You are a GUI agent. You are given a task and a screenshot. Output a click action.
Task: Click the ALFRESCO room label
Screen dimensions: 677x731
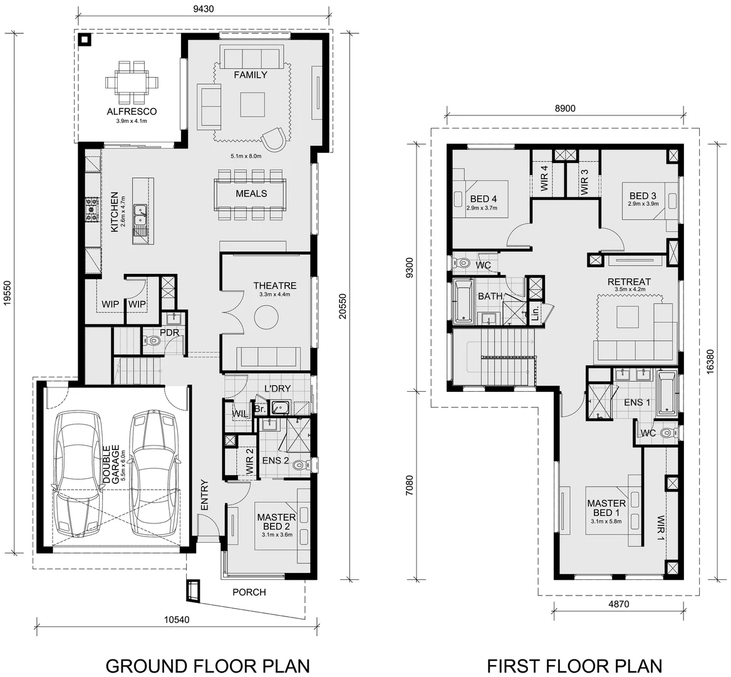point(132,112)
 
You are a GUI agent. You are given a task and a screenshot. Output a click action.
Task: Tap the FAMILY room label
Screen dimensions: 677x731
point(251,75)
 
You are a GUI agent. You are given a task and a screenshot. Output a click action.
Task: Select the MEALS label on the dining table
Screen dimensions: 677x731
point(251,194)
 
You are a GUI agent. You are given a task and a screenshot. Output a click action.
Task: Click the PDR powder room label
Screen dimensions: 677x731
point(170,332)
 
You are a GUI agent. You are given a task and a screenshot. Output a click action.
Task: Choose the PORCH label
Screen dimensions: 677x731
point(249,592)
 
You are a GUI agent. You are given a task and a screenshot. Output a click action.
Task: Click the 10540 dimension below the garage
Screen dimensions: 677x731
point(177,620)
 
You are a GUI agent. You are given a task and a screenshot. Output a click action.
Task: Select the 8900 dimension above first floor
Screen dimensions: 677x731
point(565,108)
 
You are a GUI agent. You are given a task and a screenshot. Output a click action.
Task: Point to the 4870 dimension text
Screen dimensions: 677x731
point(618,604)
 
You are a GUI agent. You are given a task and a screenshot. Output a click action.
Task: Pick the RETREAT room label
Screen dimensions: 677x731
point(629,282)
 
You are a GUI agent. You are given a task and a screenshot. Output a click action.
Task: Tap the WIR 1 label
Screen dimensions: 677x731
point(660,528)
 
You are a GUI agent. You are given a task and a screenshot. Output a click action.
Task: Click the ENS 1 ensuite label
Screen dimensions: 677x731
point(637,402)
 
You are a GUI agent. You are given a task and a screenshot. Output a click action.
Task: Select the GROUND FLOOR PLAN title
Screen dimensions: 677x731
point(207,665)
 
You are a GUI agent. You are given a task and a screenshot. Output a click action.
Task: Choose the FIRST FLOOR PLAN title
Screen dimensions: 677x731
point(574,665)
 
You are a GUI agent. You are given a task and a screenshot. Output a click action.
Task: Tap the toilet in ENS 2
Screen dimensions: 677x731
point(300,465)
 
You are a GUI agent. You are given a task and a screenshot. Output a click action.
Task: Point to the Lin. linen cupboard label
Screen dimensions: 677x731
point(536,314)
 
